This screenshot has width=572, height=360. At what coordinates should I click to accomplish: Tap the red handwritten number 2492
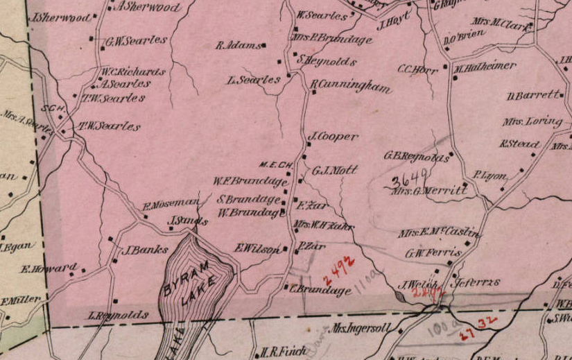point(338,267)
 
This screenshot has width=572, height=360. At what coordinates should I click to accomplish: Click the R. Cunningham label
point(350,87)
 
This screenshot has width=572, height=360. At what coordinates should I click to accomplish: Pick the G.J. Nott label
point(335,170)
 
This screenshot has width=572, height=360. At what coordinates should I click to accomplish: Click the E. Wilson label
point(258,248)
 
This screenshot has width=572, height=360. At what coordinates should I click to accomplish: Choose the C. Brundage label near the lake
point(320,291)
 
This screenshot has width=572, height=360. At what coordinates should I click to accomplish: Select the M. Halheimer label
point(485,67)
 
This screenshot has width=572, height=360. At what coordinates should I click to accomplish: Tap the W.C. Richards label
point(134,71)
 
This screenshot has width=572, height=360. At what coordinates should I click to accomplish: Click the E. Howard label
point(49,268)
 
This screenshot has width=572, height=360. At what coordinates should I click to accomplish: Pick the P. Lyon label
point(490,175)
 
